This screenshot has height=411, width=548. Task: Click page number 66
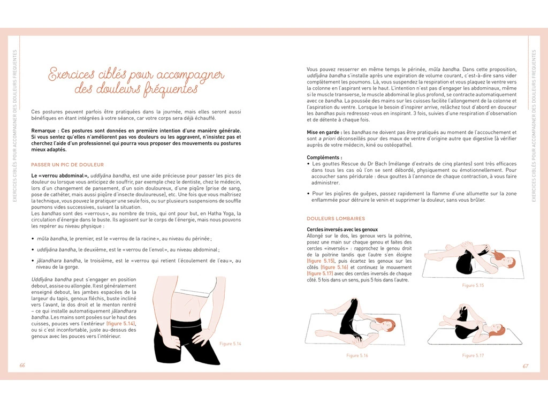coord(22,365)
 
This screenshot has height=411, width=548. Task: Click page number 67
coord(526,366)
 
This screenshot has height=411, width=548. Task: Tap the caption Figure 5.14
coord(230,344)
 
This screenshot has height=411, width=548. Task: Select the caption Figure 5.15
coord(473,285)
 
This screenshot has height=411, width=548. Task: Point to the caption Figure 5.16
coord(357,355)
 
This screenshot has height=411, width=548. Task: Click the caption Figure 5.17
coord(473,355)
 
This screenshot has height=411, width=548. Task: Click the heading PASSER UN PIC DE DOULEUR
coord(67,165)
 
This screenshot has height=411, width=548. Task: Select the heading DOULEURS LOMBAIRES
coord(336,218)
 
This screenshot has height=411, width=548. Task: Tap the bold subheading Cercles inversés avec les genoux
coord(342,230)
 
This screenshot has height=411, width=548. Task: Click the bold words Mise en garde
coord(323,133)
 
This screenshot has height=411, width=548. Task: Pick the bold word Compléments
coord(323,158)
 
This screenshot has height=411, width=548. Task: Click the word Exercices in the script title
coord(71,74)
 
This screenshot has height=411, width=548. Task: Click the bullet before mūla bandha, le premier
coord(33,239)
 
